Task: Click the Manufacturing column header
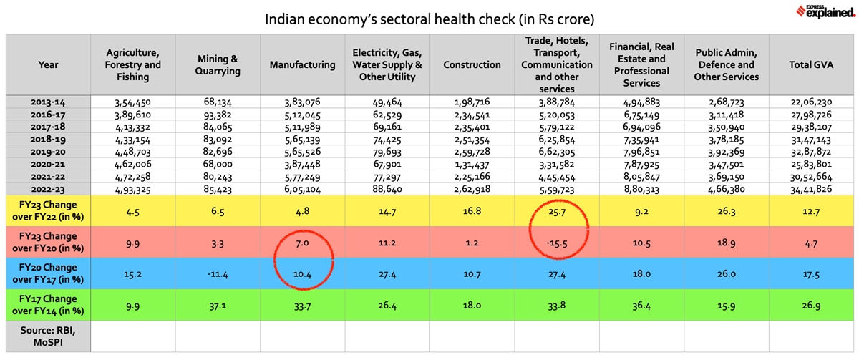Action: point(302,64)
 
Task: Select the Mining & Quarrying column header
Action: point(218,64)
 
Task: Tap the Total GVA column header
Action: point(815,64)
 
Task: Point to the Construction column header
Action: point(472,64)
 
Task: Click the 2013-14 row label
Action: point(48,102)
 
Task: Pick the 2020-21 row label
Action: point(48,165)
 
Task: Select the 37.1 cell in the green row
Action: point(218,306)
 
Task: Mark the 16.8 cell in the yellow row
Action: point(472,212)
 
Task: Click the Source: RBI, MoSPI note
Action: point(48,336)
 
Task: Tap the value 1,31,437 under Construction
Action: point(472,165)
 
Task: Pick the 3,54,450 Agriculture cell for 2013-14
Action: point(132,102)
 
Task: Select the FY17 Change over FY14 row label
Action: point(48,306)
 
